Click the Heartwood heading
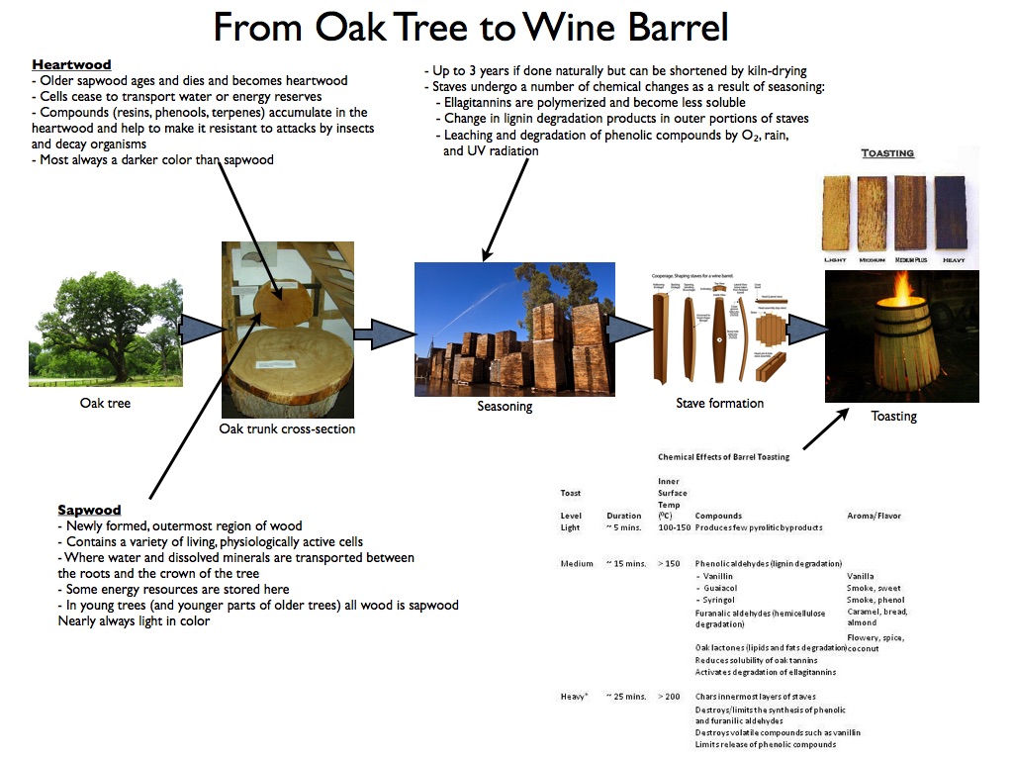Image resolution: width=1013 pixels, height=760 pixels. (71, 65)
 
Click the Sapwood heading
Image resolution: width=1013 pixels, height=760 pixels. (89, 511)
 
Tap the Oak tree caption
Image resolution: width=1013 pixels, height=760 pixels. (105, 404)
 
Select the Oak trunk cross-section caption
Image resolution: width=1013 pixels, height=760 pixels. (287, 429)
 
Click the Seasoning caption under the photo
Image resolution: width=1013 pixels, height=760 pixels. (505, 407)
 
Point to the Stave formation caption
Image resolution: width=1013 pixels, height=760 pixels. (720, 404)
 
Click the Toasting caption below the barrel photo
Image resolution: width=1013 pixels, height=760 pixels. (893, 417)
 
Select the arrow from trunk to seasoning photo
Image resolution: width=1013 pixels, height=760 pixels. (382, 333)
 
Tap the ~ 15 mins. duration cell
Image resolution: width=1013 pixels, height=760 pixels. (625, 564)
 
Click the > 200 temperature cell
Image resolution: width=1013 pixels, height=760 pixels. (669, 697)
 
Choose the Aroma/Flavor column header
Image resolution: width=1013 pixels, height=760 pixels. (874, 517)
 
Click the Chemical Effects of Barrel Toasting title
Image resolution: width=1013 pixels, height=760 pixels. (723, 457)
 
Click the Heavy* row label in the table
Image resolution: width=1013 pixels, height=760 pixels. (574, 697)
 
